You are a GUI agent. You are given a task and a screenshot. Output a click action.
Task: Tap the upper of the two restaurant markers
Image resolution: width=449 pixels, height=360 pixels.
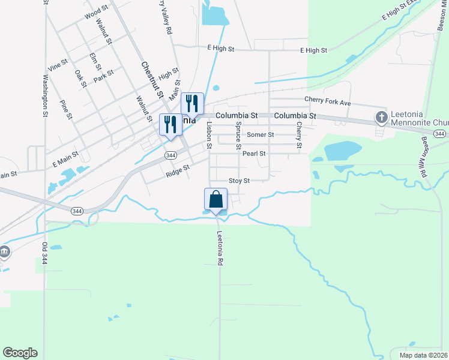click(x=192, y=104)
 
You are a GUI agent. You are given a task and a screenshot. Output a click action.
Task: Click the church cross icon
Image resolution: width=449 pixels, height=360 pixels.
click(x=381, y=117)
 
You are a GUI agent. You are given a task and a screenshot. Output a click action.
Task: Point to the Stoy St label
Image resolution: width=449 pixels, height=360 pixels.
click(x=239, y=181)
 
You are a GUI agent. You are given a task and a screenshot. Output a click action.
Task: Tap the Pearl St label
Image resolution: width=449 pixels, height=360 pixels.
click(x=254, y=154)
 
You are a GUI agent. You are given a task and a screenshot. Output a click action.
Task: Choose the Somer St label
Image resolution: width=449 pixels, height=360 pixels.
click(x=260, y=135)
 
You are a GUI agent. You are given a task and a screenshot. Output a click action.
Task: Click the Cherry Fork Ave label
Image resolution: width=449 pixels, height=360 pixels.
click(x=327, y=103)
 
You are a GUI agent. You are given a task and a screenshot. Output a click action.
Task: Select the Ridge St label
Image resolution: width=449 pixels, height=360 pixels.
click(x=178, y=172)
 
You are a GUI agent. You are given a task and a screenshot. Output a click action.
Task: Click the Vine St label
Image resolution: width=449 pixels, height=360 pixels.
click(x=59, y=65)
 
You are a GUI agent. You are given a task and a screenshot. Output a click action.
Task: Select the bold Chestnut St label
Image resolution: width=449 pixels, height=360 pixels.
click(x=152, y=79)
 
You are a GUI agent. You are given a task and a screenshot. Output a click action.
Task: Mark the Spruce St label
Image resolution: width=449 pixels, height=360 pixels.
click(x=238, y=136)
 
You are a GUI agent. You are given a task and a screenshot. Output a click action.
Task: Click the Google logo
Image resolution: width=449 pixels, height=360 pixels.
click(x=20, y=353)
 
